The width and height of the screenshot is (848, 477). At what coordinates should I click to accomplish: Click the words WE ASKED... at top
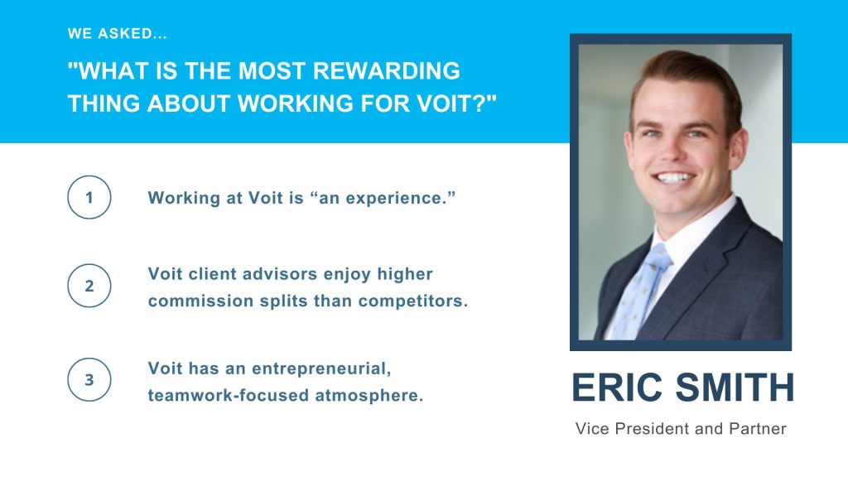click(x=118, y=33)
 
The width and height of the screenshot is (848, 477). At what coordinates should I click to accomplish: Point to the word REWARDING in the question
click(x=386, y=71)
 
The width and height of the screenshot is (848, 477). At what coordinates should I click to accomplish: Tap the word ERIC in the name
click(x=617, y=388)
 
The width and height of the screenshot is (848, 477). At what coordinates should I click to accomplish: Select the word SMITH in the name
click(x=735, y=388)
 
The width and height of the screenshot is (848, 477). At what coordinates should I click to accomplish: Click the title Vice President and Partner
click(x=681, y=429)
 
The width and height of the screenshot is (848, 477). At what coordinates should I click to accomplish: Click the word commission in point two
click(x=200, y=301)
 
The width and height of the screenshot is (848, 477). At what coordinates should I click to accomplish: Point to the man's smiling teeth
click(x=674, y=177)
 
